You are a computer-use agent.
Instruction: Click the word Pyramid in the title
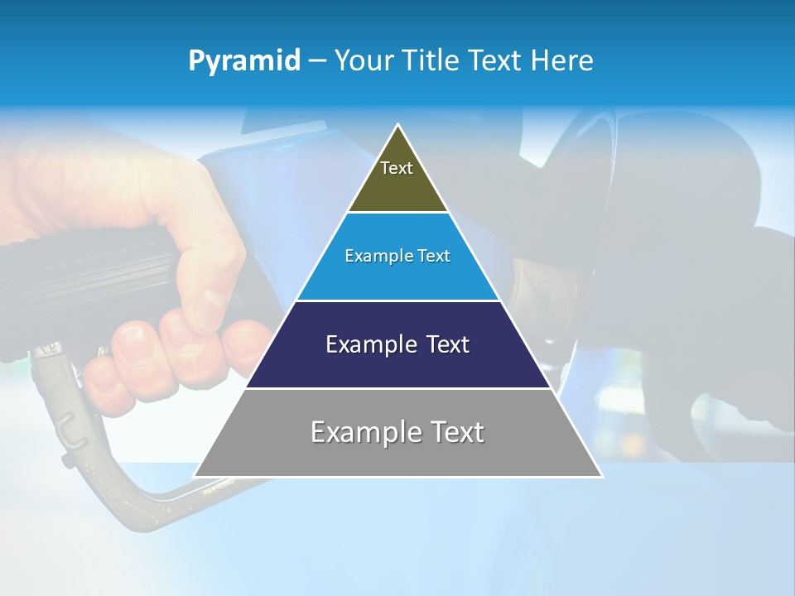click(x=243, y=61)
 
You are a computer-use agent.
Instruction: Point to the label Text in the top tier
click(x=397, y=168)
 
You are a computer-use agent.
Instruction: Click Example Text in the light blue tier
click(x=397, y=256)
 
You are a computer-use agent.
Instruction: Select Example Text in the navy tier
click(x=397, y=344)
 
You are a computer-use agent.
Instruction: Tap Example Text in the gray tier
click(x=397, y=432)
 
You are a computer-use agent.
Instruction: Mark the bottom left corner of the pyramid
click(x=195, y=476)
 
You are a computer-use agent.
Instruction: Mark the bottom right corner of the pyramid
click(x=601, y=476)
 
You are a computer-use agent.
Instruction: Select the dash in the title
click(x=317, y=61)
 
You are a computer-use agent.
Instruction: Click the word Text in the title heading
click(x=495, y=61)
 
